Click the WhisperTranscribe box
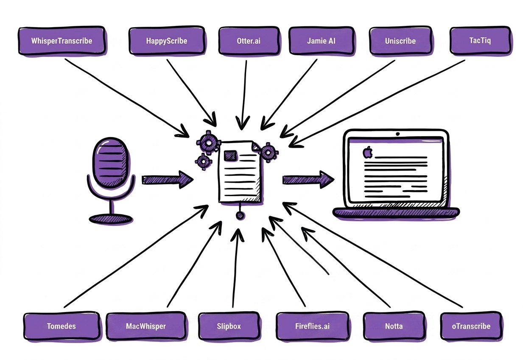coord(62,41)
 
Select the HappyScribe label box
coord(166,41)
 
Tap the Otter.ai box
coord(249,41)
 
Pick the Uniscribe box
coord(400,41)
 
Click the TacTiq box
coord(480,41)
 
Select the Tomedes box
coord(62,326)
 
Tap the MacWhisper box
coord(146,326)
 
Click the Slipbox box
coord(229,326)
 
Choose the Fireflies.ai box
coord(312,326)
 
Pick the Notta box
coord(394,326)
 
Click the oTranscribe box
coord(471,326)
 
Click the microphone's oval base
coord(111,219)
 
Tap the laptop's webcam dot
coord(397,134)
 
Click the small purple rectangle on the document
coord(232,155)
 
